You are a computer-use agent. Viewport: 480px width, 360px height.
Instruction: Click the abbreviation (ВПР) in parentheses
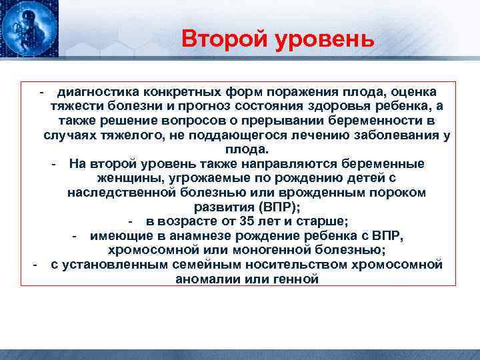click(275, 207)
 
